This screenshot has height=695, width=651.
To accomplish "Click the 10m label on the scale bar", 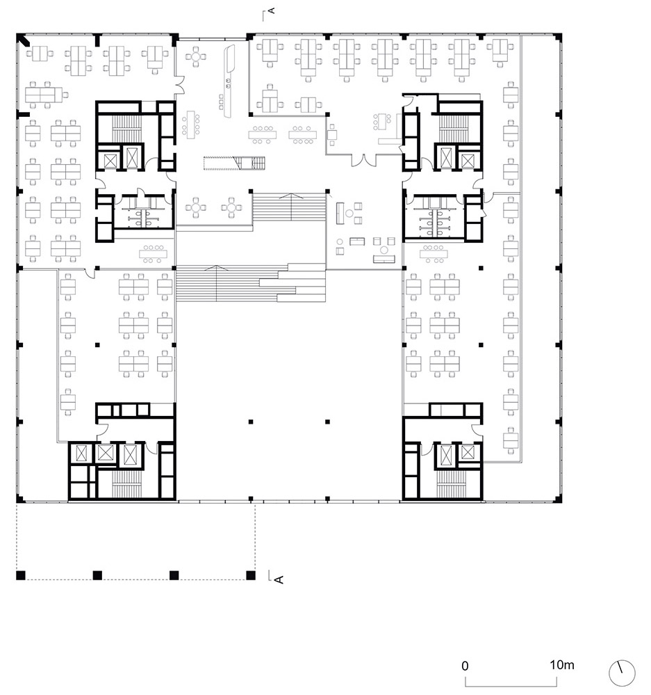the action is coord(562,665).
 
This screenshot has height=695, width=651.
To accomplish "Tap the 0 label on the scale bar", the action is coord(465,666).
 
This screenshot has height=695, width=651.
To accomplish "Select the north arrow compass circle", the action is coord(622,673).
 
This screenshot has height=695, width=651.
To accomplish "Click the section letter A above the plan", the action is coord(272,10).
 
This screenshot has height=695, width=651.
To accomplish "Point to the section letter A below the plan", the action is coord(279,580).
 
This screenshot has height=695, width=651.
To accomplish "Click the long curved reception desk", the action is coord(230,81).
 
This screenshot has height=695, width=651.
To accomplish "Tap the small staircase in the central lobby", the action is coord(234,163).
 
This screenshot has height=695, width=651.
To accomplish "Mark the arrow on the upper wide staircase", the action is coord(290,207).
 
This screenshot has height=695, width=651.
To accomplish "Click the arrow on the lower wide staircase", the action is coord(216,283).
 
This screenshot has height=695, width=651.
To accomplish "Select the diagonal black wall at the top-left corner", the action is coord(24,40).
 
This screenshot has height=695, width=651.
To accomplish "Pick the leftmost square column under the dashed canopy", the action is coord(21,575).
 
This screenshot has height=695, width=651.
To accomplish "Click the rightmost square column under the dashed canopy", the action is coord(251,575).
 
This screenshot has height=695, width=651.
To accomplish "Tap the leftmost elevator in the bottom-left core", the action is coord(82,454).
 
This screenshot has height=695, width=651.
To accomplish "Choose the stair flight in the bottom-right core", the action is coord(451,484).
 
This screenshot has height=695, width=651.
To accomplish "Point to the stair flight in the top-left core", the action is coord(126,129).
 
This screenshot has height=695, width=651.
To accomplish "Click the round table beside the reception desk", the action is coord(196,56).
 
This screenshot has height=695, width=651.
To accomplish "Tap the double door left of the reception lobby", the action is coord(180,85).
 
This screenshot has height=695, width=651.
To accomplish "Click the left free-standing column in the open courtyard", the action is coord(251,422).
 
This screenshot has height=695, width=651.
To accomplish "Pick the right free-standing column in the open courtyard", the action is coord(327,422).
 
